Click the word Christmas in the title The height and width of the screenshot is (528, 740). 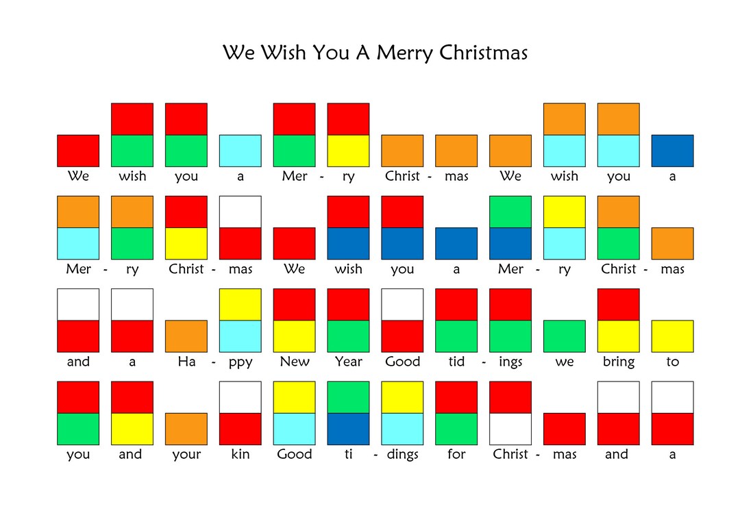click(484, 53)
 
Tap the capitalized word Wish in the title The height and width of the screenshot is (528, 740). click(283, 53)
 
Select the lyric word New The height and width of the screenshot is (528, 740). click(295, 362)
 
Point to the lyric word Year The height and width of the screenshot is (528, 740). click(348, 362)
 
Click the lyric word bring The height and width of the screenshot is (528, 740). click(619, 362)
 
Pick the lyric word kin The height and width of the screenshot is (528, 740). click(241, 454)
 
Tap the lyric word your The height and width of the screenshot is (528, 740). click(186, 455)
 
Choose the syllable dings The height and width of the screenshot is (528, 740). click(402, 455)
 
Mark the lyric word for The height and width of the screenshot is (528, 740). click(456, 454)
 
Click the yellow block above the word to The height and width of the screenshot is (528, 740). click(672, 336)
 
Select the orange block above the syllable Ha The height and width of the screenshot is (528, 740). click(186, 336)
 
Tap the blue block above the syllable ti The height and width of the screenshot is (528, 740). click(348, 429)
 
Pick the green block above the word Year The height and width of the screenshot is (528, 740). click(348, 336)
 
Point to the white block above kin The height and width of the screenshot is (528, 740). click(241, 397)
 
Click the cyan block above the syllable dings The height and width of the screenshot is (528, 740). click(402, 429)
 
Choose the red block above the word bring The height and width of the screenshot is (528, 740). click(619, 305)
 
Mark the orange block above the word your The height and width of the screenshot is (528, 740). click(186, 429)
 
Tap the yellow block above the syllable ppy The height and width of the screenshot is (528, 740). click(241, 305)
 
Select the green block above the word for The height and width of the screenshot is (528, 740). click(456, 429)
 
